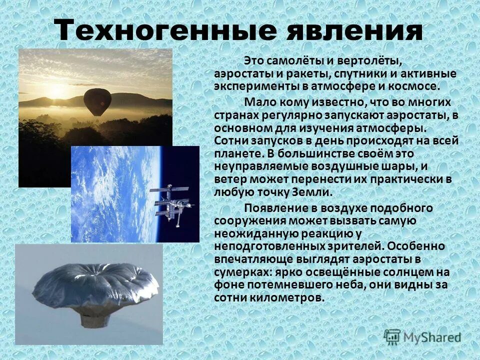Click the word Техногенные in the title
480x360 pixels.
point(165,31)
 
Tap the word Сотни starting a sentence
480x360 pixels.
point(232,140)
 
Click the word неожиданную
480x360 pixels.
point(251,233)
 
